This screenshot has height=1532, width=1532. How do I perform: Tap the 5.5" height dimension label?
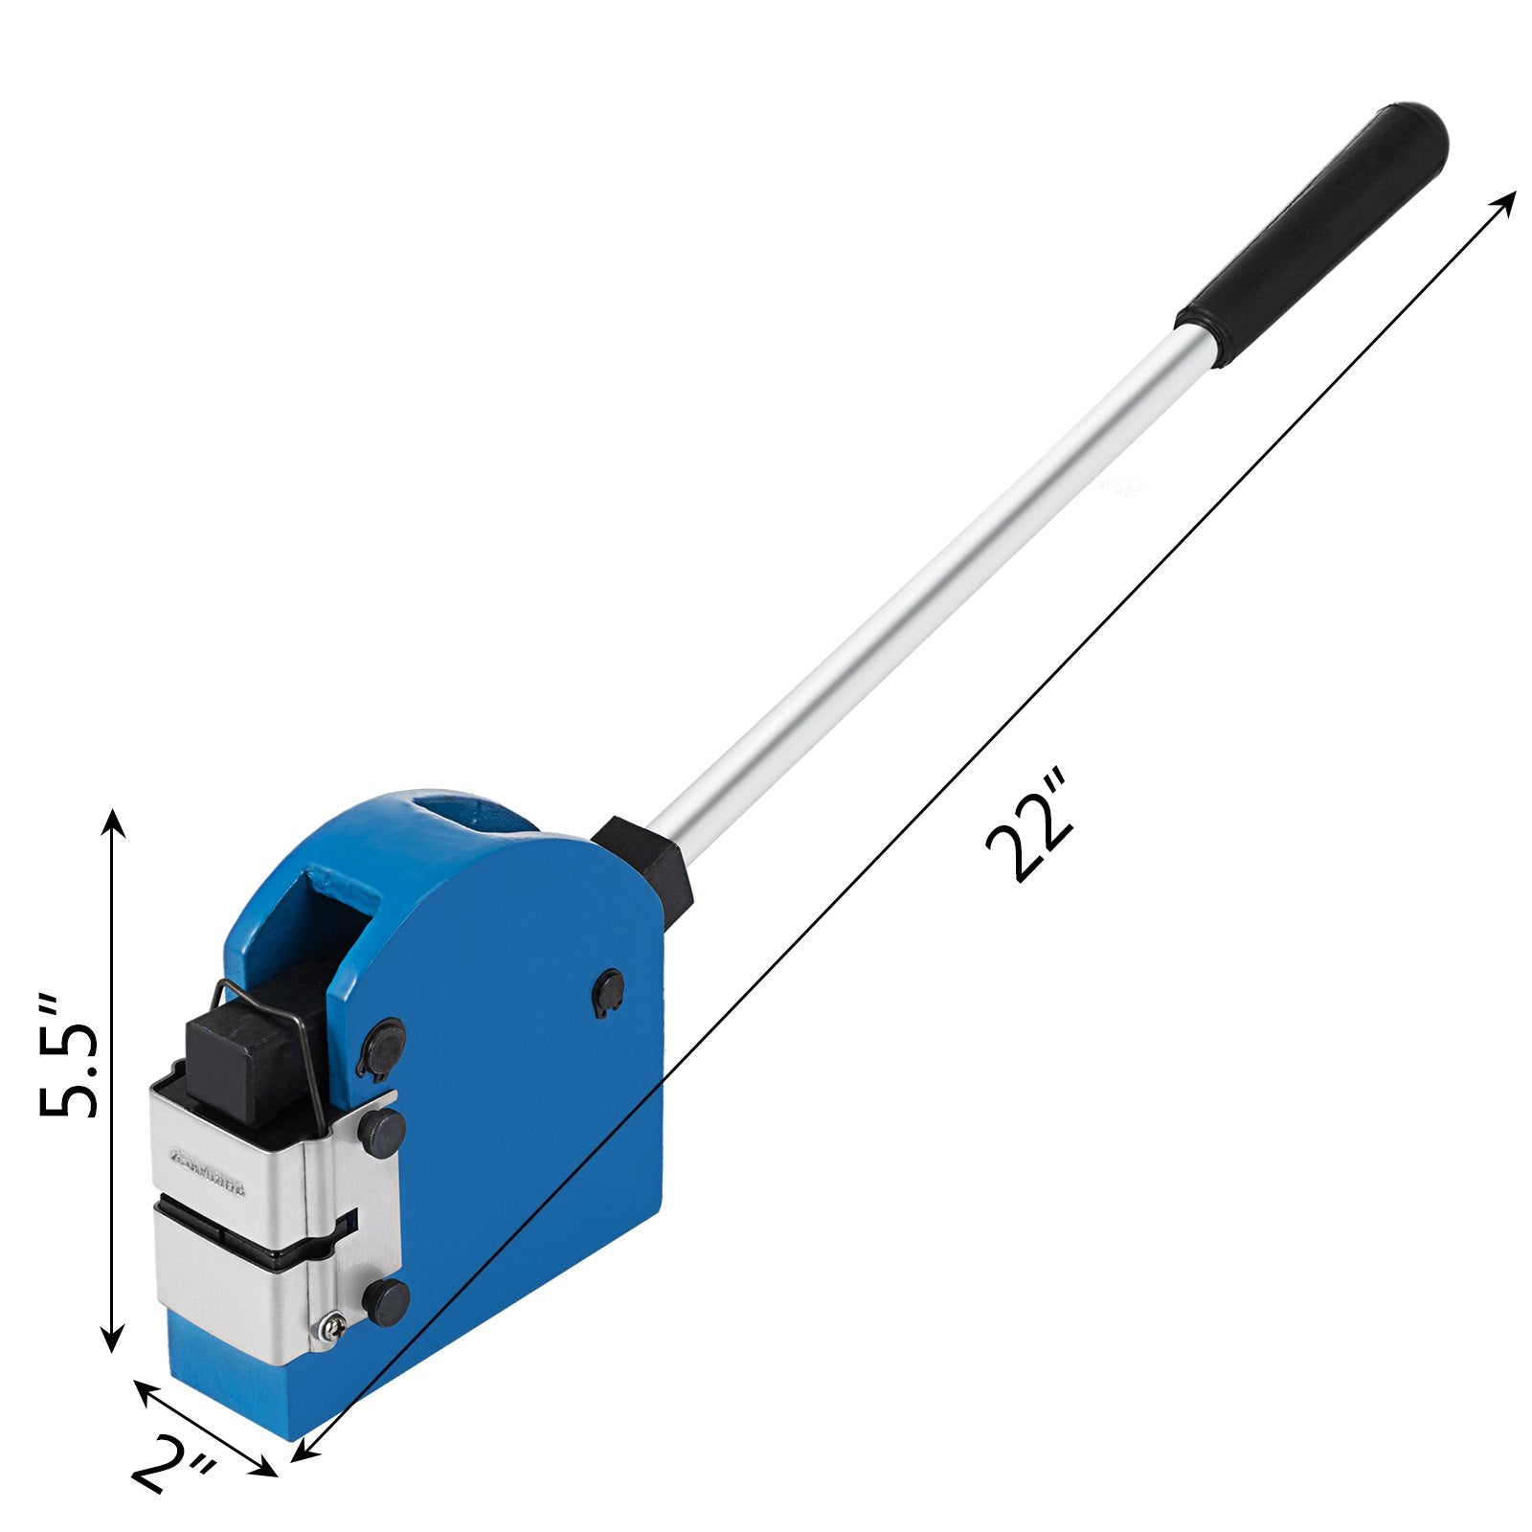[68, 1056]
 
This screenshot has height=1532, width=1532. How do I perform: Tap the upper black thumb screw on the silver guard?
[381, 1130]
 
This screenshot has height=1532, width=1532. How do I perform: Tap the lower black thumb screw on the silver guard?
[386, 1302]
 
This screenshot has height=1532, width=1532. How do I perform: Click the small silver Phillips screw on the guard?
[332, 1327]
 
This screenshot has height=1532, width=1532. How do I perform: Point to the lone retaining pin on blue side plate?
[608, 986]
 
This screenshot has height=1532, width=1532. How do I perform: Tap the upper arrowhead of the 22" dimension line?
[1507, 200]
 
